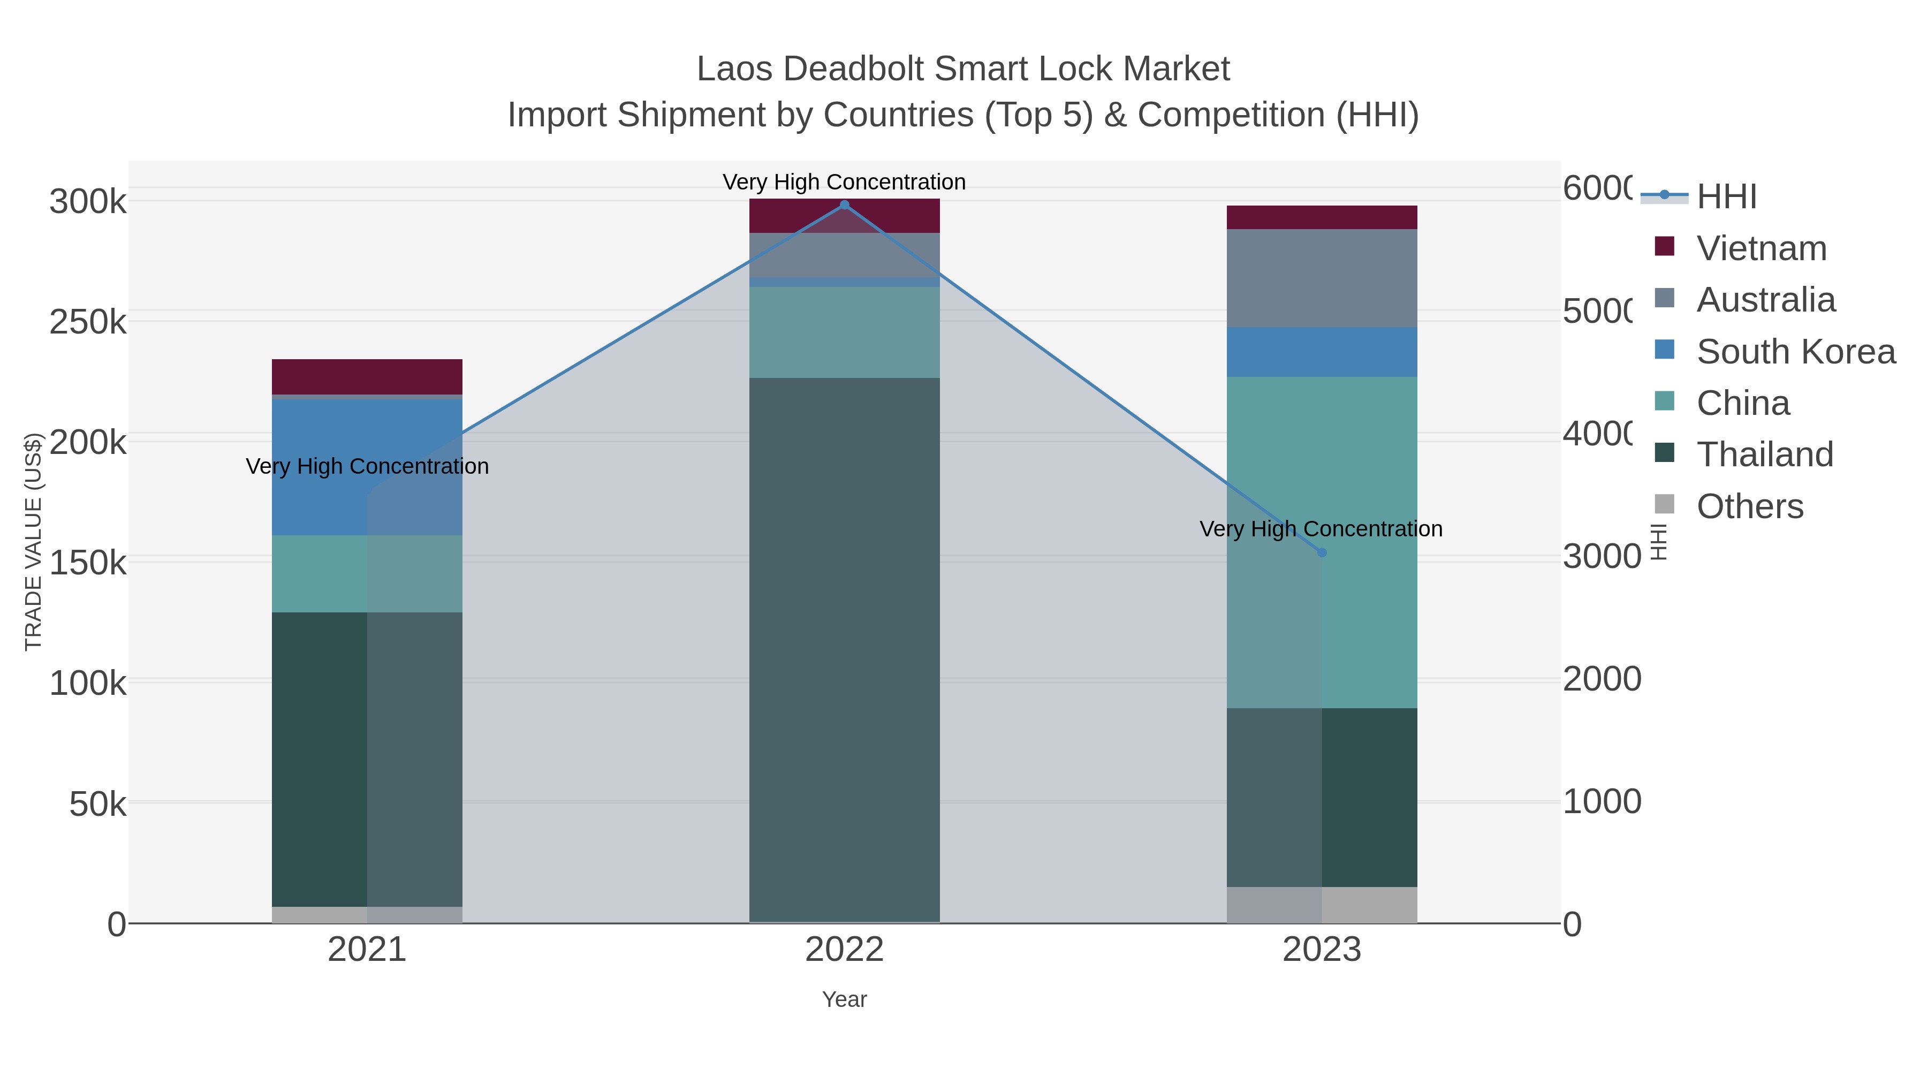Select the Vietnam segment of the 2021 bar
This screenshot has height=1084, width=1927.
(367, 376)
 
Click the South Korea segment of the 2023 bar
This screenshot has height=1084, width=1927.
(1322, 352)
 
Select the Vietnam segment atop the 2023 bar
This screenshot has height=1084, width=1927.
(1322, 217)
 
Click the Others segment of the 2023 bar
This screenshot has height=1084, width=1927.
(1322, 905)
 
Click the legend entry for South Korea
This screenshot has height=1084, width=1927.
(1795, 352)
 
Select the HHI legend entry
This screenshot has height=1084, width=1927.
(1725, 197)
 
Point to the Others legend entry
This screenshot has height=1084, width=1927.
(1749, 506)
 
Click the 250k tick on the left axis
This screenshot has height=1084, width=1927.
(88, 322)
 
